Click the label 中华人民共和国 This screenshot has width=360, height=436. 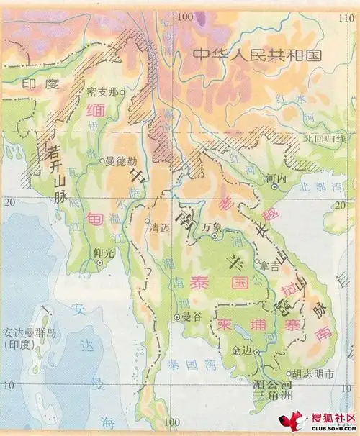tap(256, 54)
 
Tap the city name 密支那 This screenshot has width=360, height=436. tap(101, 91)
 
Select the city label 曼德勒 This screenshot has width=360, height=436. tap(120, 162)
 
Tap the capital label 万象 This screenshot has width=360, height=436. tap(210, 227)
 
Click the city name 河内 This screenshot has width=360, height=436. tap(275, 177)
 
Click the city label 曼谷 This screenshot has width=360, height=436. tap(190, 316)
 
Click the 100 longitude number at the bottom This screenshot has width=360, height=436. tap(171, 421)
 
